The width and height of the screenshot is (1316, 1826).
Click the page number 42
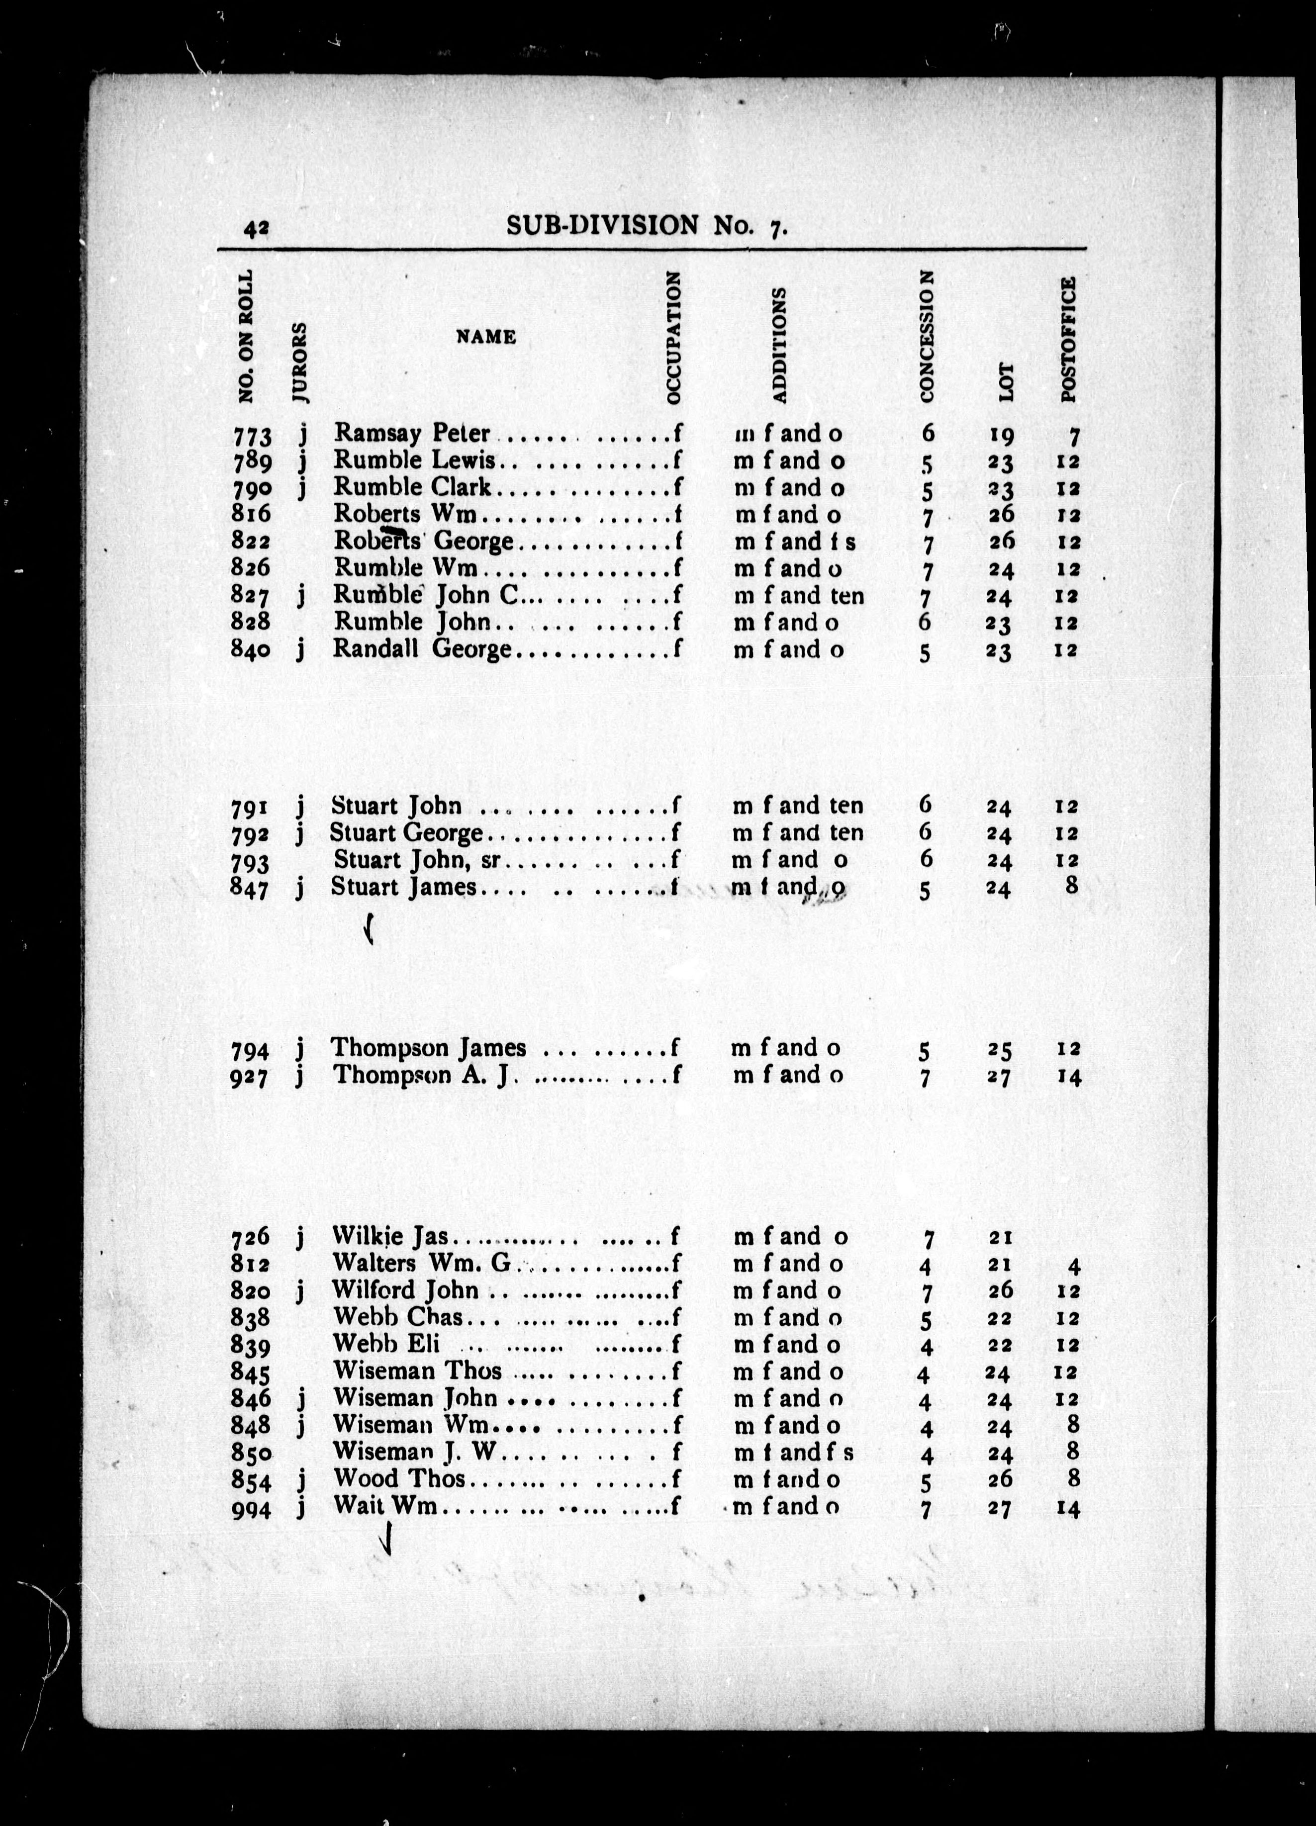256,229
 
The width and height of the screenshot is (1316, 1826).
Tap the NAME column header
485,337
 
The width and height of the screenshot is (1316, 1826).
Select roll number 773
251,436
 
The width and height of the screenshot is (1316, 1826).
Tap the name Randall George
422,649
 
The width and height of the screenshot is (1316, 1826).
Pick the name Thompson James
428,1047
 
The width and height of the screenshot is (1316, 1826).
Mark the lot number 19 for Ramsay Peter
1001,436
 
